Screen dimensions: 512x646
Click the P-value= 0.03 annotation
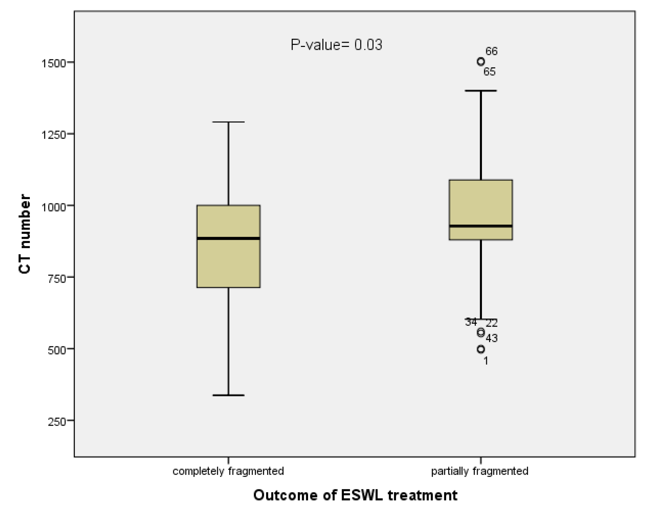tap(336, 45)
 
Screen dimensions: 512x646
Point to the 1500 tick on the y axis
tap(53, 63)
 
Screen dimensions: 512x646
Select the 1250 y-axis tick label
tap(53, 134)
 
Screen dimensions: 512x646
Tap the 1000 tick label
tap(53, 206)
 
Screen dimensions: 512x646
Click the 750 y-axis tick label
tap(57, 278)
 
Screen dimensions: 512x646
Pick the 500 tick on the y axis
tap(57, 350)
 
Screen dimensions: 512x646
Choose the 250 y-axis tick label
tap(57, 421)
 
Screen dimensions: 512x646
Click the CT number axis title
tap(25, 234)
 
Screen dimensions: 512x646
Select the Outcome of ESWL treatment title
tap(355, 495)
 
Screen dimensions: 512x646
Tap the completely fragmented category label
tap(228, 471)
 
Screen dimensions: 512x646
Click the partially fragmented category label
tap(480, 471)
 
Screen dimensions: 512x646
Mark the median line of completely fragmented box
tap(228, 238)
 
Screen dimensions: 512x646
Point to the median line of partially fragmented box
tap(481, 226)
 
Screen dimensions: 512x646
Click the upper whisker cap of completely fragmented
tap(228, 122)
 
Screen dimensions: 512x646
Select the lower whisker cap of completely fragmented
tap(228, 395)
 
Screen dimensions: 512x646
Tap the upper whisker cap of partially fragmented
tap(481, 91)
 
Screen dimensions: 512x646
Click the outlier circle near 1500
tap(481, 62)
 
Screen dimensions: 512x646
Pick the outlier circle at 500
tap(481, 349)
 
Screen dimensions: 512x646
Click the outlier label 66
tap(491, 51)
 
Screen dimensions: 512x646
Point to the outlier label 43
tap(491, 338)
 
